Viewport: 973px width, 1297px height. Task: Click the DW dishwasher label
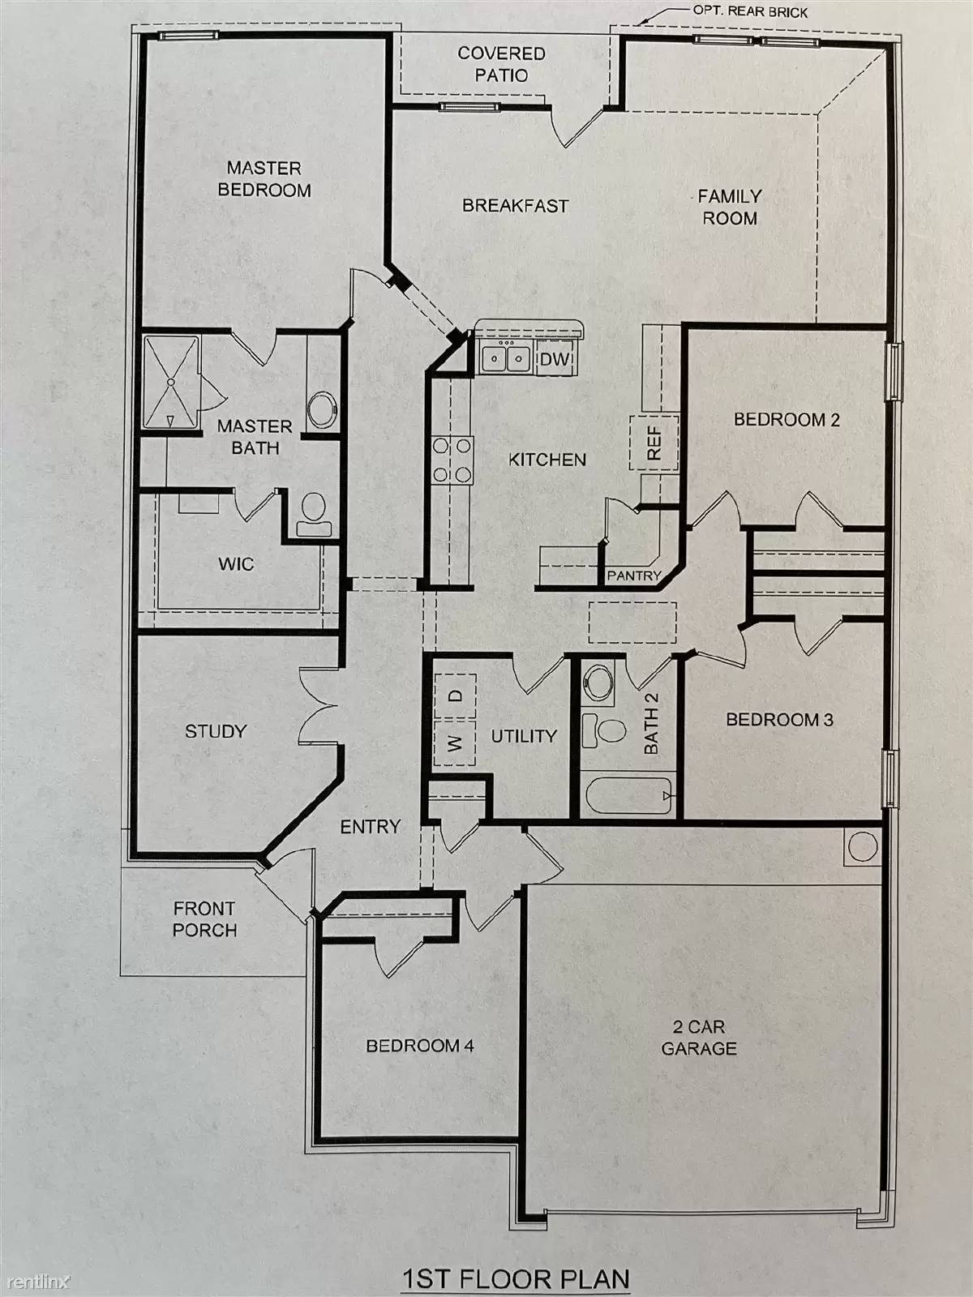coord(554,358)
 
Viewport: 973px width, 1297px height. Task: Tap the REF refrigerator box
coord(654,443)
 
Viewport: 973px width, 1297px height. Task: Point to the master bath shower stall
coord(171,382)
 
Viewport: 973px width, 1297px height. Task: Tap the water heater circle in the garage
coord(863,847)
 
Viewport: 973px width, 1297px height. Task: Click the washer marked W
coord(454,743)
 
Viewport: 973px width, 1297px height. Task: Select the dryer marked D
coord(455,696)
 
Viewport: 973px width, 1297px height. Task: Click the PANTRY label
coord(634,576)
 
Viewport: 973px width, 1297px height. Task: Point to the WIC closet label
coord(236,563)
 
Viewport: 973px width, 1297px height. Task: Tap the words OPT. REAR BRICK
coord(750,12)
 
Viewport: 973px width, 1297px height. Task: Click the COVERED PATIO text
coord(502,64)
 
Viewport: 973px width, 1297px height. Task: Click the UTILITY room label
coord(524,736)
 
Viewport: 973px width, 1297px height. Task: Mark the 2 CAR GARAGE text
coord(699,1038)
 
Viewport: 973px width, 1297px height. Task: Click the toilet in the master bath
coord(314,515)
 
